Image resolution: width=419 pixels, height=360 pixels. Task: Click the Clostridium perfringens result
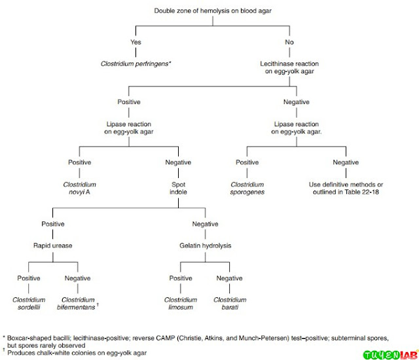tap(136, 64)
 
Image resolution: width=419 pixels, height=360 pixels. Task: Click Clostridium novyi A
tap(81, 189)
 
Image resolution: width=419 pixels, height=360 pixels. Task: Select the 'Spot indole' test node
tap(178, 189)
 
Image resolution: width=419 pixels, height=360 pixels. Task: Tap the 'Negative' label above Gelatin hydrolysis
tap(204, 225)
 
